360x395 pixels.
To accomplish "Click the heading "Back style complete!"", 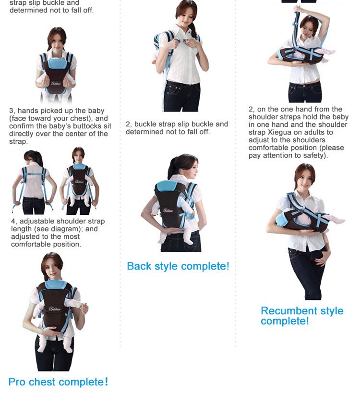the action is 178,266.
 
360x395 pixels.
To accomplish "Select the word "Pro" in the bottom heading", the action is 17,382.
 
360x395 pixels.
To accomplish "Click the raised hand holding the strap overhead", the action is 299,9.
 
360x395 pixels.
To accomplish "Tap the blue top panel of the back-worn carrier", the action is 168,186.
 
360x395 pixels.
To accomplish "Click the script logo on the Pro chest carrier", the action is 54,309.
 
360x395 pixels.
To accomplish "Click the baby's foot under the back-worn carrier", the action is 188,241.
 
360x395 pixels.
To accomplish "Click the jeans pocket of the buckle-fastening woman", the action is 174,90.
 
